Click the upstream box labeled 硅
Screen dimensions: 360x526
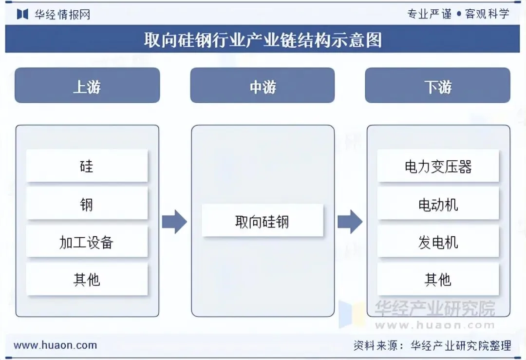[x=87, y=166]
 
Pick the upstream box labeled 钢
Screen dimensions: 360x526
[x=87, y=204]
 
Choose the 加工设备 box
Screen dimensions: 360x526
[x=87, y=242]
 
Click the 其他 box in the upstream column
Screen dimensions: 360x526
[x=87, y=279]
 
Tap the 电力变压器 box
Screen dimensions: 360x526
[x=438, y=166]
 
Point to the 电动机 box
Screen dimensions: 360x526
[x=438, y=204]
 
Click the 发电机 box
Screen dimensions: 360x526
[x=438, y=242]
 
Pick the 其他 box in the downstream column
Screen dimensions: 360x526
[x=438, y=279]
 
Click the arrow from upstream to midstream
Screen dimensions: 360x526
[x=174, y=222]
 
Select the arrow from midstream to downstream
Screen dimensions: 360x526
[x=350, y=222]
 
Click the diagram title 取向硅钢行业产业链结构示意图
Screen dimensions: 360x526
[x=263, y=39]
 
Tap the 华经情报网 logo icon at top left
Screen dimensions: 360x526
[x=22, y=14]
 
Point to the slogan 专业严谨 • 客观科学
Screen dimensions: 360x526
[x=458, y=14]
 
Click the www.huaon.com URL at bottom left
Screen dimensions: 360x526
[x=55, y=345]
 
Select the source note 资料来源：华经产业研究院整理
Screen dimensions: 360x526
[x=432, y=345]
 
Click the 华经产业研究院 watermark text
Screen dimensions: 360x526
[x=434, y=308]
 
